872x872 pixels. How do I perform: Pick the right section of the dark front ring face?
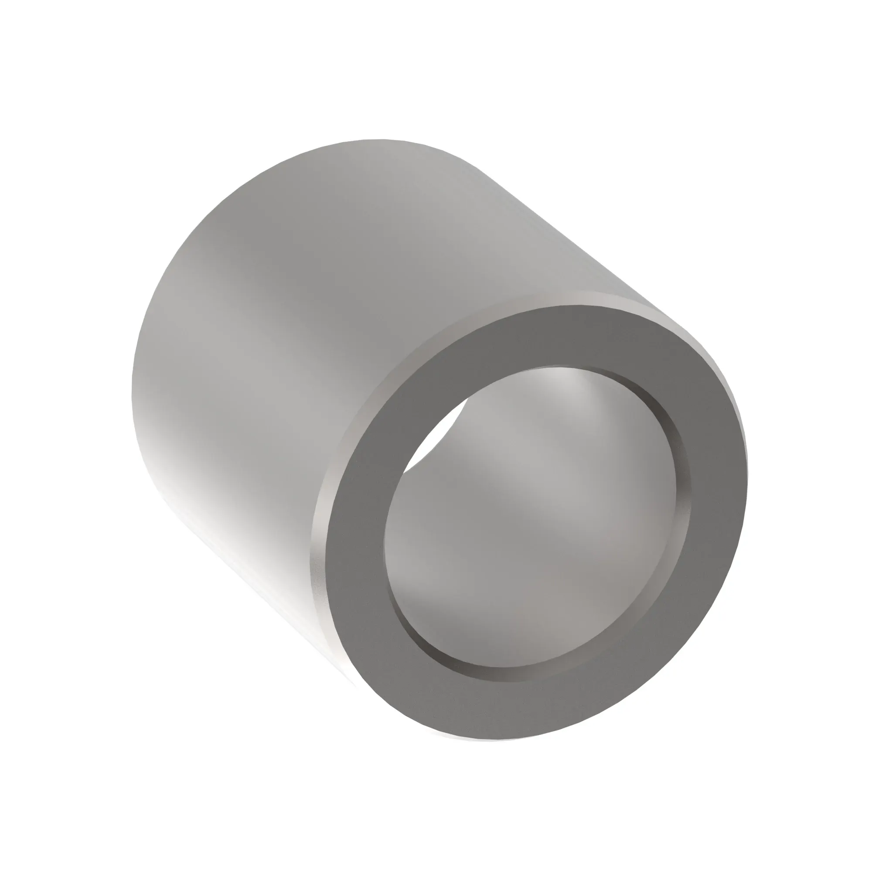coord(713,505)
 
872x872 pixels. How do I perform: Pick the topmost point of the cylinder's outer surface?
coord(379,141)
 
